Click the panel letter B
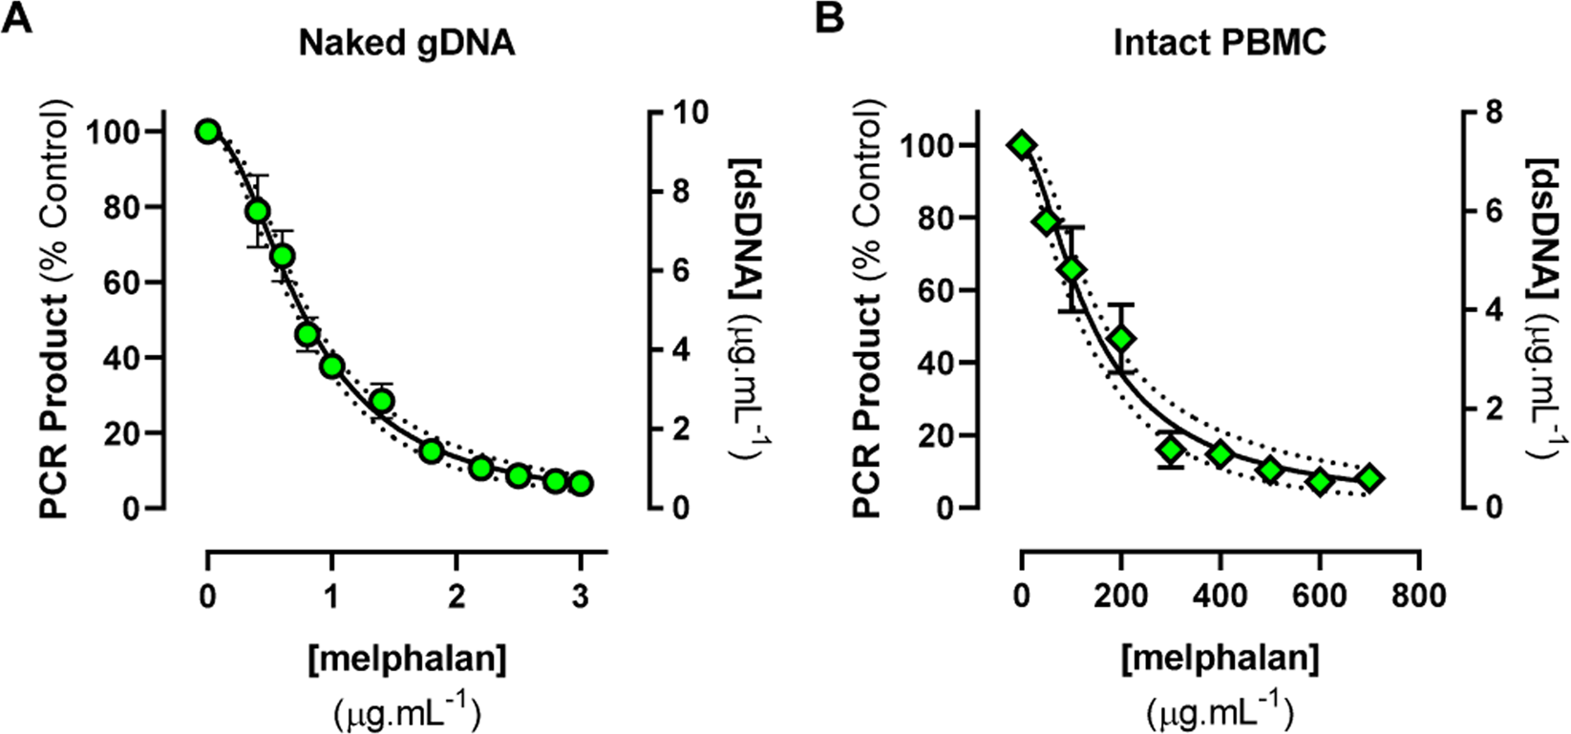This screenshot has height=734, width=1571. [x=830, y=18]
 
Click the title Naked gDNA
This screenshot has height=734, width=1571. [x=407, y=44]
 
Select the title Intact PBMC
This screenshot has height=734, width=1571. [x=1220, y=44]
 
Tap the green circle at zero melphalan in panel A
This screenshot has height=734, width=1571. [x=208, y=132]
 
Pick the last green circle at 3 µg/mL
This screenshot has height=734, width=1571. [x=580, y=484]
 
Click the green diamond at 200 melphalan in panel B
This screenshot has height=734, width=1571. [x=1122, y=339]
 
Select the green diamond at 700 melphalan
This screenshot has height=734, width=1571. [x=1369, y=478]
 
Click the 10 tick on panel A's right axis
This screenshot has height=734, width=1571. [x=690, y=113]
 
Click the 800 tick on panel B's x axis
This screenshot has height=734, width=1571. [x=1420, y=597]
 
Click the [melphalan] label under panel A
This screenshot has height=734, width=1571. [x=407, y=659]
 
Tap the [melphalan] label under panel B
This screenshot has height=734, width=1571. [x=1221, y=659]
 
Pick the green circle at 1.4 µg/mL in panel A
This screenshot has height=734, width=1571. [x=382, y=401]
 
